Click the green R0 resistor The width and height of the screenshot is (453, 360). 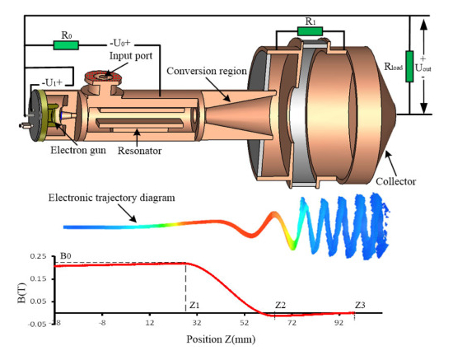coord(66,45)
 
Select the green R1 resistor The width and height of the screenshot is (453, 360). coord(310,31)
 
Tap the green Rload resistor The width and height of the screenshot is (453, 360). coord(409,67)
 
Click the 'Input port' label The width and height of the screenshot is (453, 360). coord(131,56)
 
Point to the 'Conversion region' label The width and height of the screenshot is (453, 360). coord(207,71)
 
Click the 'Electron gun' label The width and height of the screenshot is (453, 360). coord(78,150)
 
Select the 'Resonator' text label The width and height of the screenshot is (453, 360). coord(139,151)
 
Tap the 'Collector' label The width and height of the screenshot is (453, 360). coord(396,181)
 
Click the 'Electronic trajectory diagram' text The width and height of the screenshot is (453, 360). coord(111,198)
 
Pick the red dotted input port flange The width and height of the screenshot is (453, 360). coord(103,77)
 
